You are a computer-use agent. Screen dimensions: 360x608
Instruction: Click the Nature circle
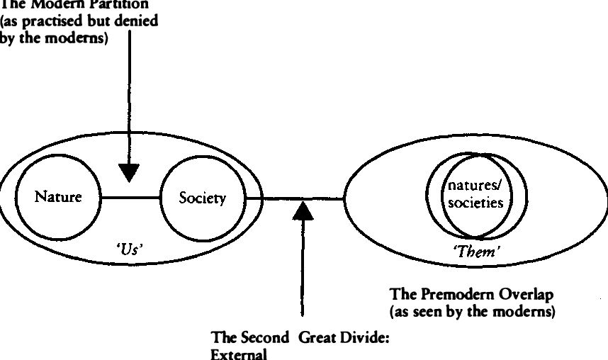pyautogui.click(x=58, y=197)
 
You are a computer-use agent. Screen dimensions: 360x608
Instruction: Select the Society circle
pyautogui.click(x=203, y=198)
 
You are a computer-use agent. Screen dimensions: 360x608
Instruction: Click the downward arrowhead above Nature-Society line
pyautogui.click(x=129, y=171)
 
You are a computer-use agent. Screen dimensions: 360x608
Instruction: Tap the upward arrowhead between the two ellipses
pyautogui.click(x=303, y=210)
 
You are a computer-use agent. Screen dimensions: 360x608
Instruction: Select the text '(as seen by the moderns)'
pyautogui.click(x=472, y=310)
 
